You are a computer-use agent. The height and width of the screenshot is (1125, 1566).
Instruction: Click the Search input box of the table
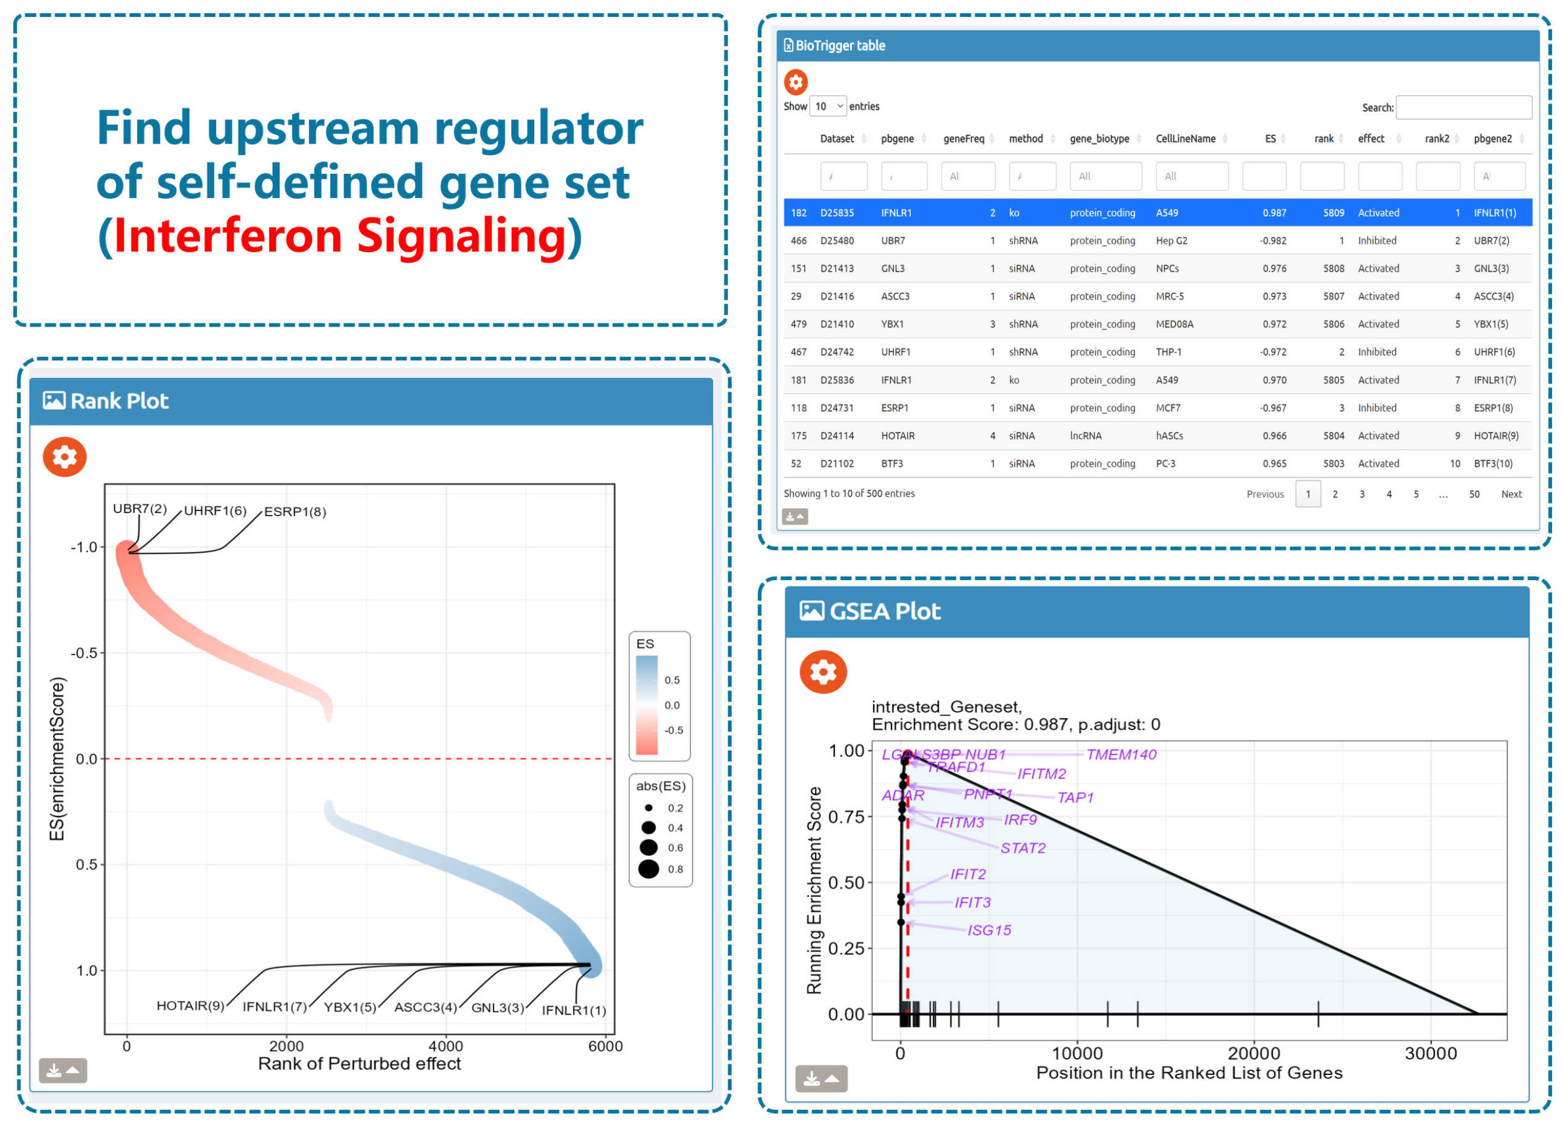1463,107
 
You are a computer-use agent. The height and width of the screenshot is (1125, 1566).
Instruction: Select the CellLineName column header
1185,139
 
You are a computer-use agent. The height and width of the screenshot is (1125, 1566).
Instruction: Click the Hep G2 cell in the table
1171,241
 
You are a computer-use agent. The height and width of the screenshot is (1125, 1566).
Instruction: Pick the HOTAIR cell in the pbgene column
897,436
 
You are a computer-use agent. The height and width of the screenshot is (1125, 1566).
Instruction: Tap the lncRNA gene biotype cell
1085,436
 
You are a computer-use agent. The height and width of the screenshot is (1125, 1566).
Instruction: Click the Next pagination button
1511,494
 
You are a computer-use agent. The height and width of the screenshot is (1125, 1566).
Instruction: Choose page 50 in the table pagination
1474,494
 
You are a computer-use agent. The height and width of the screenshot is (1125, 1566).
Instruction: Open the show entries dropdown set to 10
828,106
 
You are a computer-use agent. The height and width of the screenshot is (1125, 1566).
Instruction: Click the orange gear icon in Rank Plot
65,457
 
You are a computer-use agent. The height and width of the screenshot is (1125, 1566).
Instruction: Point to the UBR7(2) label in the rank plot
139,509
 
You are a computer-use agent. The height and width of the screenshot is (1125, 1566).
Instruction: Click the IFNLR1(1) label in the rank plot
574,1010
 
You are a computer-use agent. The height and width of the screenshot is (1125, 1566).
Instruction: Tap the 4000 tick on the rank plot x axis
446,1047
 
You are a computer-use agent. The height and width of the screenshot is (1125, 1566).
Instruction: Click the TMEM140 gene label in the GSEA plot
1120,755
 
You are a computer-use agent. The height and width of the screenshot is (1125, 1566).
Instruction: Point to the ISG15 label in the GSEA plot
989,931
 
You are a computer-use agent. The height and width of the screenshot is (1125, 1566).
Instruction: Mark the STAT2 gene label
1023,848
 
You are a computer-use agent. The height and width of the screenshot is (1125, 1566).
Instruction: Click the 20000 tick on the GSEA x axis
1253,1054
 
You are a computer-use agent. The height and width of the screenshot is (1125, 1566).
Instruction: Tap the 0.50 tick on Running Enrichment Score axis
846,883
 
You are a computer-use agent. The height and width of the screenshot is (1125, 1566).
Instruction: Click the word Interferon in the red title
228,236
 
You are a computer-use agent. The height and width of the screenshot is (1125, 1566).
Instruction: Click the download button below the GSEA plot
820,1079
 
